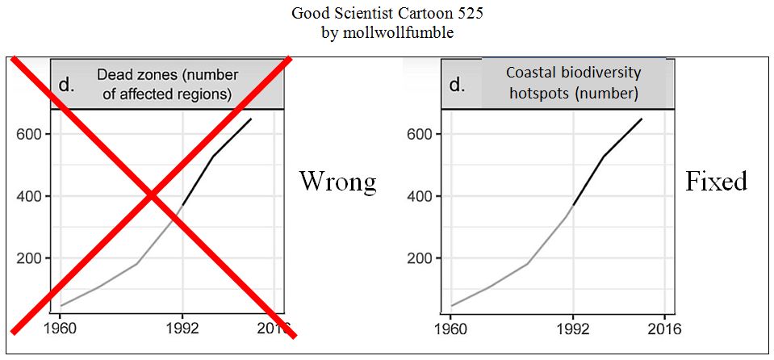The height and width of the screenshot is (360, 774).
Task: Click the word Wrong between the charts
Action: point(337,181)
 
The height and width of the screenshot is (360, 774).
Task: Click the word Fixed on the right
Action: point(716,181)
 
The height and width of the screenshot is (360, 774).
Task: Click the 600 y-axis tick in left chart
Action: point(29,134)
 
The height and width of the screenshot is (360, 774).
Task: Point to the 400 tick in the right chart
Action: point(420,196)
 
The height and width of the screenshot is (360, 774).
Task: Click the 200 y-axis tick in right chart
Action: point(420,258)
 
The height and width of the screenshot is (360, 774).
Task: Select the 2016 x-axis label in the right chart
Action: point(664,329)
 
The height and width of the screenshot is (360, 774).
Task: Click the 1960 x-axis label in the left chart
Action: point(58,329)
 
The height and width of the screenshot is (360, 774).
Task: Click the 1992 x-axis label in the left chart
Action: point(182,329)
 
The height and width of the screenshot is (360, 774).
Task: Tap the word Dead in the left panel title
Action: point(115,75)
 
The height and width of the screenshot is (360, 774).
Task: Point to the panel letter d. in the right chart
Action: point(458,85)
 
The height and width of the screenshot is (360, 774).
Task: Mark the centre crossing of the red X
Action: point(152,195)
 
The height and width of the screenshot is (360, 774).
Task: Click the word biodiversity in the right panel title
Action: point(599,73)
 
